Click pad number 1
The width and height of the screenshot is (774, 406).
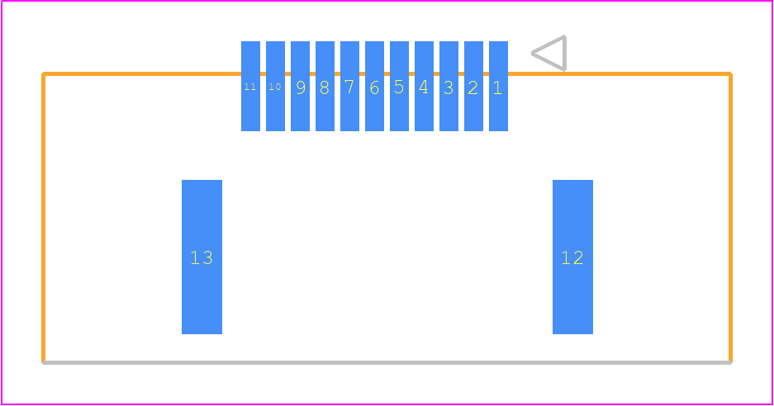498,87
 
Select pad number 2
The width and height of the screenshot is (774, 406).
473,87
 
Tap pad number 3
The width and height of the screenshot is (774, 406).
449,87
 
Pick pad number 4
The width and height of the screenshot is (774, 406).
424,87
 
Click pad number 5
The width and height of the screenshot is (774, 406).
399,87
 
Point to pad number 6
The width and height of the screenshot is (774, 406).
375,87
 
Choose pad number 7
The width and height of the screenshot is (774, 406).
349,87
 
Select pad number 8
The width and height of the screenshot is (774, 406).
325,87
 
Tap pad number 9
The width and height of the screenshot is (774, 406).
300,87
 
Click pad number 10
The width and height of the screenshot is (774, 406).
275,87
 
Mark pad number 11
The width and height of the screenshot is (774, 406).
251,87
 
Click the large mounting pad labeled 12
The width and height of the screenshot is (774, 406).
572,257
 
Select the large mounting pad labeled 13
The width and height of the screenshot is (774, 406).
202,257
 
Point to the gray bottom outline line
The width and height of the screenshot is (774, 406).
387,362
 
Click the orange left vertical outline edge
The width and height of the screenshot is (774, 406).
44,218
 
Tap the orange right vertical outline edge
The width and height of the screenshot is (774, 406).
730,218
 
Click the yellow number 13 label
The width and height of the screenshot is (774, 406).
202,257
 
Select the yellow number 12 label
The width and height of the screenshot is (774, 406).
572,257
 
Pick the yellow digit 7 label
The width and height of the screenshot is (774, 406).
349,87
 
